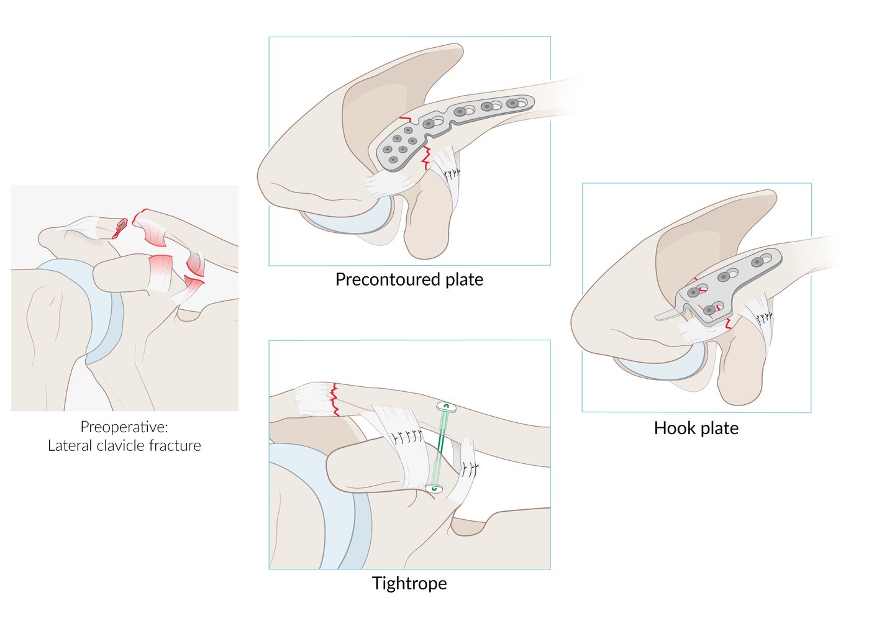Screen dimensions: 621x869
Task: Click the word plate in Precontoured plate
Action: click(x=464, y=279)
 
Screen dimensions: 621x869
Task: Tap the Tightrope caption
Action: click(x=409, y=584)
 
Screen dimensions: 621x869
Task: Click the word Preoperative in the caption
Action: click(x=124, y=427)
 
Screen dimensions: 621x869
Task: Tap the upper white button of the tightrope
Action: click(x=446, y=407)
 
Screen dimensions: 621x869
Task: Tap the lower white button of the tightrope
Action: click(x=434, y=489)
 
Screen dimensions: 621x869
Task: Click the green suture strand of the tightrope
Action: click(x=440, y=447)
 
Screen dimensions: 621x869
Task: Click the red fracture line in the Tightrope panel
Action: click(x=334, y=401)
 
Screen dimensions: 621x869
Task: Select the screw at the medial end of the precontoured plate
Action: click(x=512, y=103)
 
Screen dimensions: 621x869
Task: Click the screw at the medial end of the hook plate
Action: click(x=757, y=262)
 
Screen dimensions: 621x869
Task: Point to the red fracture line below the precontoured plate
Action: click(x=426, y=158)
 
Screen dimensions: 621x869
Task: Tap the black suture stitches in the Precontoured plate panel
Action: click(x=452, y=173)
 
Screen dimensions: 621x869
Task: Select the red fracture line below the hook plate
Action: click(x=728, y=324)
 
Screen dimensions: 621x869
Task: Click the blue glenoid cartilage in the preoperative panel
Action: click(x=99, y=310)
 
